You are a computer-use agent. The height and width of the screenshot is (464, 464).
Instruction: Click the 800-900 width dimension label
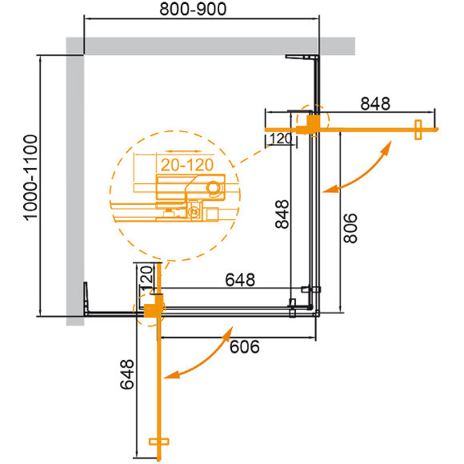pos(193,10)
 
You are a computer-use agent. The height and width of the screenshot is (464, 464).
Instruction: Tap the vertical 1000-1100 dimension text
pos(30,184)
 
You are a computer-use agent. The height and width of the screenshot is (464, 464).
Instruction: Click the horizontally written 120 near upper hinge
pos(279,139)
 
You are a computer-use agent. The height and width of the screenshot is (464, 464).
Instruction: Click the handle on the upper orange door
pos(417,130)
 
